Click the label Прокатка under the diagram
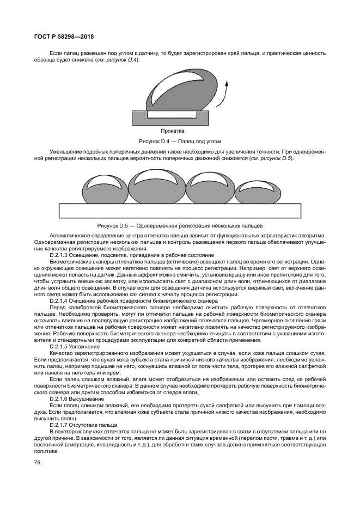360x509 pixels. pos(173,131)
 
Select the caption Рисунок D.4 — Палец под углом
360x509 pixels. pos(172,140)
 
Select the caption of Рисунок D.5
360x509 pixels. pos(180,224)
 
